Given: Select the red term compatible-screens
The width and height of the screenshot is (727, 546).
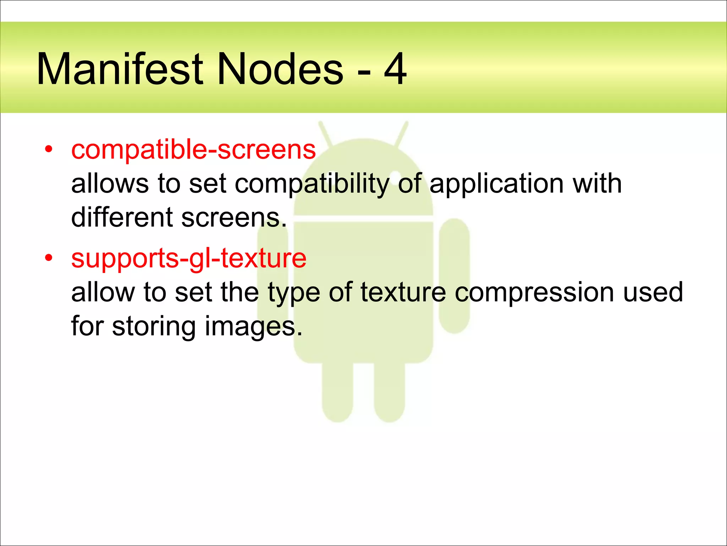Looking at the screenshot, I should [193, 150].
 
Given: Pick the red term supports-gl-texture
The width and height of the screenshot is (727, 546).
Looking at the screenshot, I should [188, 258].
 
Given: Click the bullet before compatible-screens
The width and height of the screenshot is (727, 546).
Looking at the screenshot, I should [49, 149].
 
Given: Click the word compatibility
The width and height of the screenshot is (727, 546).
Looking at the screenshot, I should [312, 184].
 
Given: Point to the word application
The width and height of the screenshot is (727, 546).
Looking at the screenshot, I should [496, 184].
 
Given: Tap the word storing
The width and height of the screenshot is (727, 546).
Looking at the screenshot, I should [153, 326].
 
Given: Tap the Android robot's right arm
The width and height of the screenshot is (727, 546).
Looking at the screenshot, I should [454, 275].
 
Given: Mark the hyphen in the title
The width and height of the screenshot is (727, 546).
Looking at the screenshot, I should [364, 73].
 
